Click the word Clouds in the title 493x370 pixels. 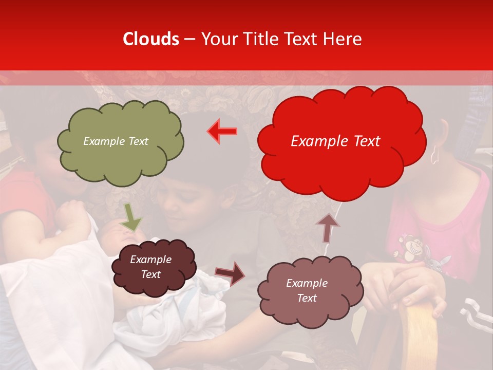point(150,39)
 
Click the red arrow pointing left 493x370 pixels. point(222,132)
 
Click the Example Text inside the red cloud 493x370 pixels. point(335,141)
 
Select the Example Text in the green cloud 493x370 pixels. point(116,141)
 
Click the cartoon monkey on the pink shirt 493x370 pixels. point(411,247)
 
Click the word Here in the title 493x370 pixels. point(343,39)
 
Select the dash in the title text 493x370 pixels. point(189,39)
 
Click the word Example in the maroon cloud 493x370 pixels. point(150,260)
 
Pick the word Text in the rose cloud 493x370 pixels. point(307,298)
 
